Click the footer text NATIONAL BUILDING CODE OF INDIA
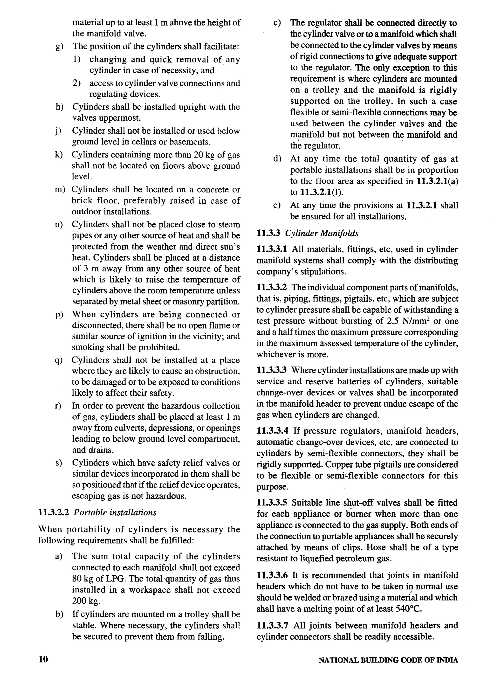388,660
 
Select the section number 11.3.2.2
54,513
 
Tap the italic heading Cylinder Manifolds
322,233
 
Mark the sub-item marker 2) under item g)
77,83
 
